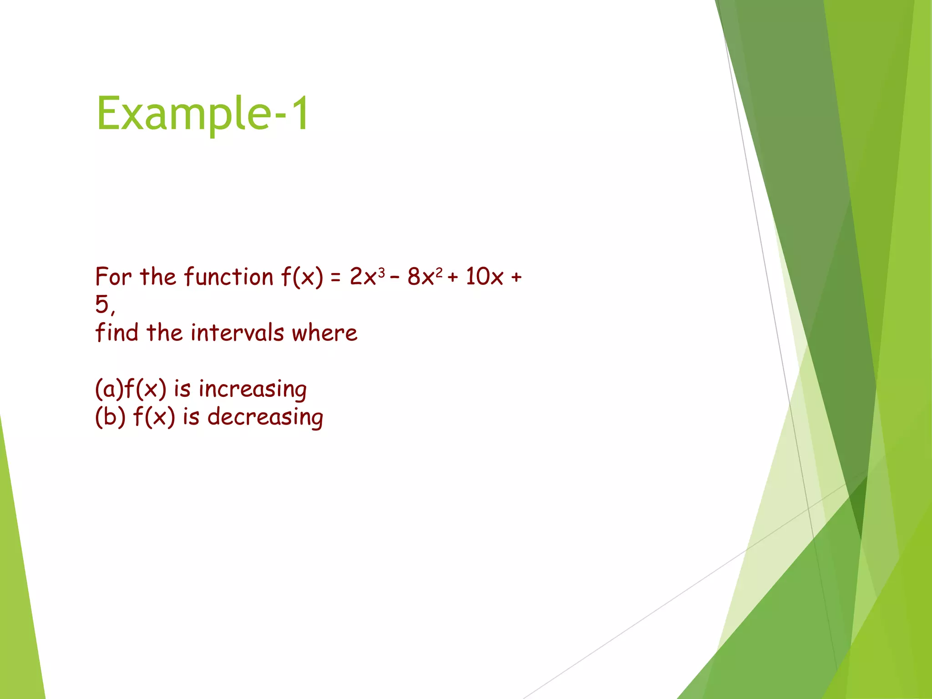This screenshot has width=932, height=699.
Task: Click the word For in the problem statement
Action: (113, 277)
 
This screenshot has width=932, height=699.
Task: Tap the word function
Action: (228, 277)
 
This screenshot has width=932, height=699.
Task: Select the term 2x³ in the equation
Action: (367, 277)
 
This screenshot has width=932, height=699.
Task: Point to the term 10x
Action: (484, 277)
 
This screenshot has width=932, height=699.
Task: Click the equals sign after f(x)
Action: (336, 278)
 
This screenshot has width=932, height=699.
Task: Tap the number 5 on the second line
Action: (102, 304)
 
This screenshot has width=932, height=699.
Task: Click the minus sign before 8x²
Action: (395, 278)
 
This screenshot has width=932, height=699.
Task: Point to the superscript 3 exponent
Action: (381, 273)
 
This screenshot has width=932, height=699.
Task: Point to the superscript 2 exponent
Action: (439, 273)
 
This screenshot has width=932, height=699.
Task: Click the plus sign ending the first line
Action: (516, 278)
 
